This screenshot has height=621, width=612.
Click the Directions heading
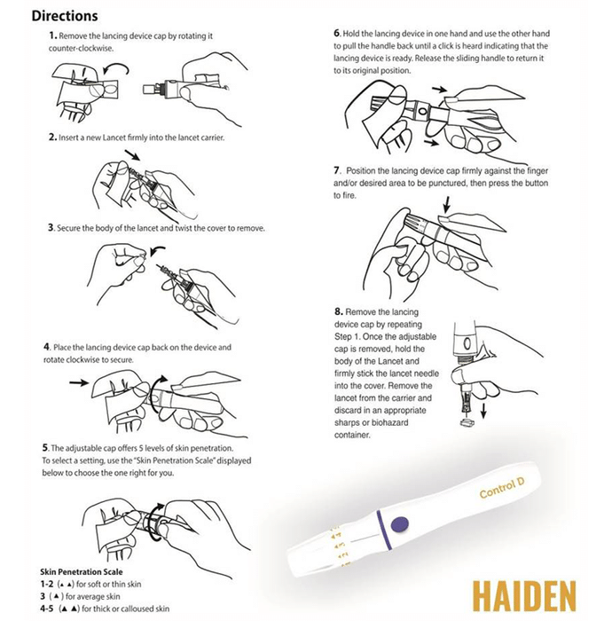65,16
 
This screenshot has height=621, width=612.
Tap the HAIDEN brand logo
524,596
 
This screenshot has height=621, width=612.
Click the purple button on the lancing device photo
399,523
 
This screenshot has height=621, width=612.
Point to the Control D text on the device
501,488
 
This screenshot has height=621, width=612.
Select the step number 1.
53,35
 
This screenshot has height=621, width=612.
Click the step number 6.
337,34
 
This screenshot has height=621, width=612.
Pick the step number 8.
339,311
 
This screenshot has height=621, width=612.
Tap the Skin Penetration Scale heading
81,571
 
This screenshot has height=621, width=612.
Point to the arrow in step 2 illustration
132,155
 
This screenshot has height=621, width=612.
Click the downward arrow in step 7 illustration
447,205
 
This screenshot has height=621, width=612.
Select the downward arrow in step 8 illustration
483,412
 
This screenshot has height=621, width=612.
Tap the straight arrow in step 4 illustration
79,382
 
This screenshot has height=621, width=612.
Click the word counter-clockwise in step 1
81,48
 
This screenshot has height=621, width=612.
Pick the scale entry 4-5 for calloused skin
105,609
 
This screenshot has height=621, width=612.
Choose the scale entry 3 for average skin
80,596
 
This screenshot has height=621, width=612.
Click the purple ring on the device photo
383,531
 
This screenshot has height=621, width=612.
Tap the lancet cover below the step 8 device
467,423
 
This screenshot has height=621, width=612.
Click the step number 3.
51,228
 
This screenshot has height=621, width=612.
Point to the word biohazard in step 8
389,422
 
